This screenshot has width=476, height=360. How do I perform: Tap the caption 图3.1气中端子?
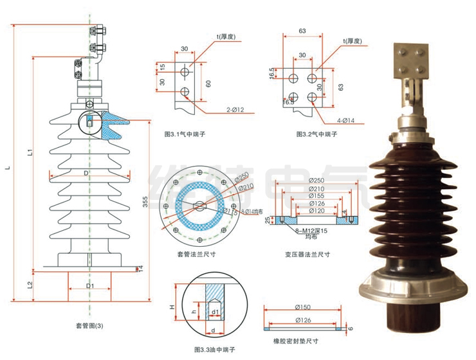[x=186, y=135]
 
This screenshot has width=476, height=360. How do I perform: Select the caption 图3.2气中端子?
[x=317, y=135]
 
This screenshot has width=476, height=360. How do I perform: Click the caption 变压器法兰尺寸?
[x=308, y=254]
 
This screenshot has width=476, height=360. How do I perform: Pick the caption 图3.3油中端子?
[x=215, y=348]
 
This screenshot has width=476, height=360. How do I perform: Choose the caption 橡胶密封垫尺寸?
[x=300, y=340]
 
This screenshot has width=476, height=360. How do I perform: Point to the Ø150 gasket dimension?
[x=307, y=307]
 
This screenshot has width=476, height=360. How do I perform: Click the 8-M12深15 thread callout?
[x=308, y=230]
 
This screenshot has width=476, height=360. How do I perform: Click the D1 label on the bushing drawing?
[x=91, y=285]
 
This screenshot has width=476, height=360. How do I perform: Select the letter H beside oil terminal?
[x=172, y=308]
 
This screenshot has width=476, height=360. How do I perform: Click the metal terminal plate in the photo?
[x=412, y=62]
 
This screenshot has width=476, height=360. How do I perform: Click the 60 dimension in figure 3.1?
[x=208, y=84]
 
